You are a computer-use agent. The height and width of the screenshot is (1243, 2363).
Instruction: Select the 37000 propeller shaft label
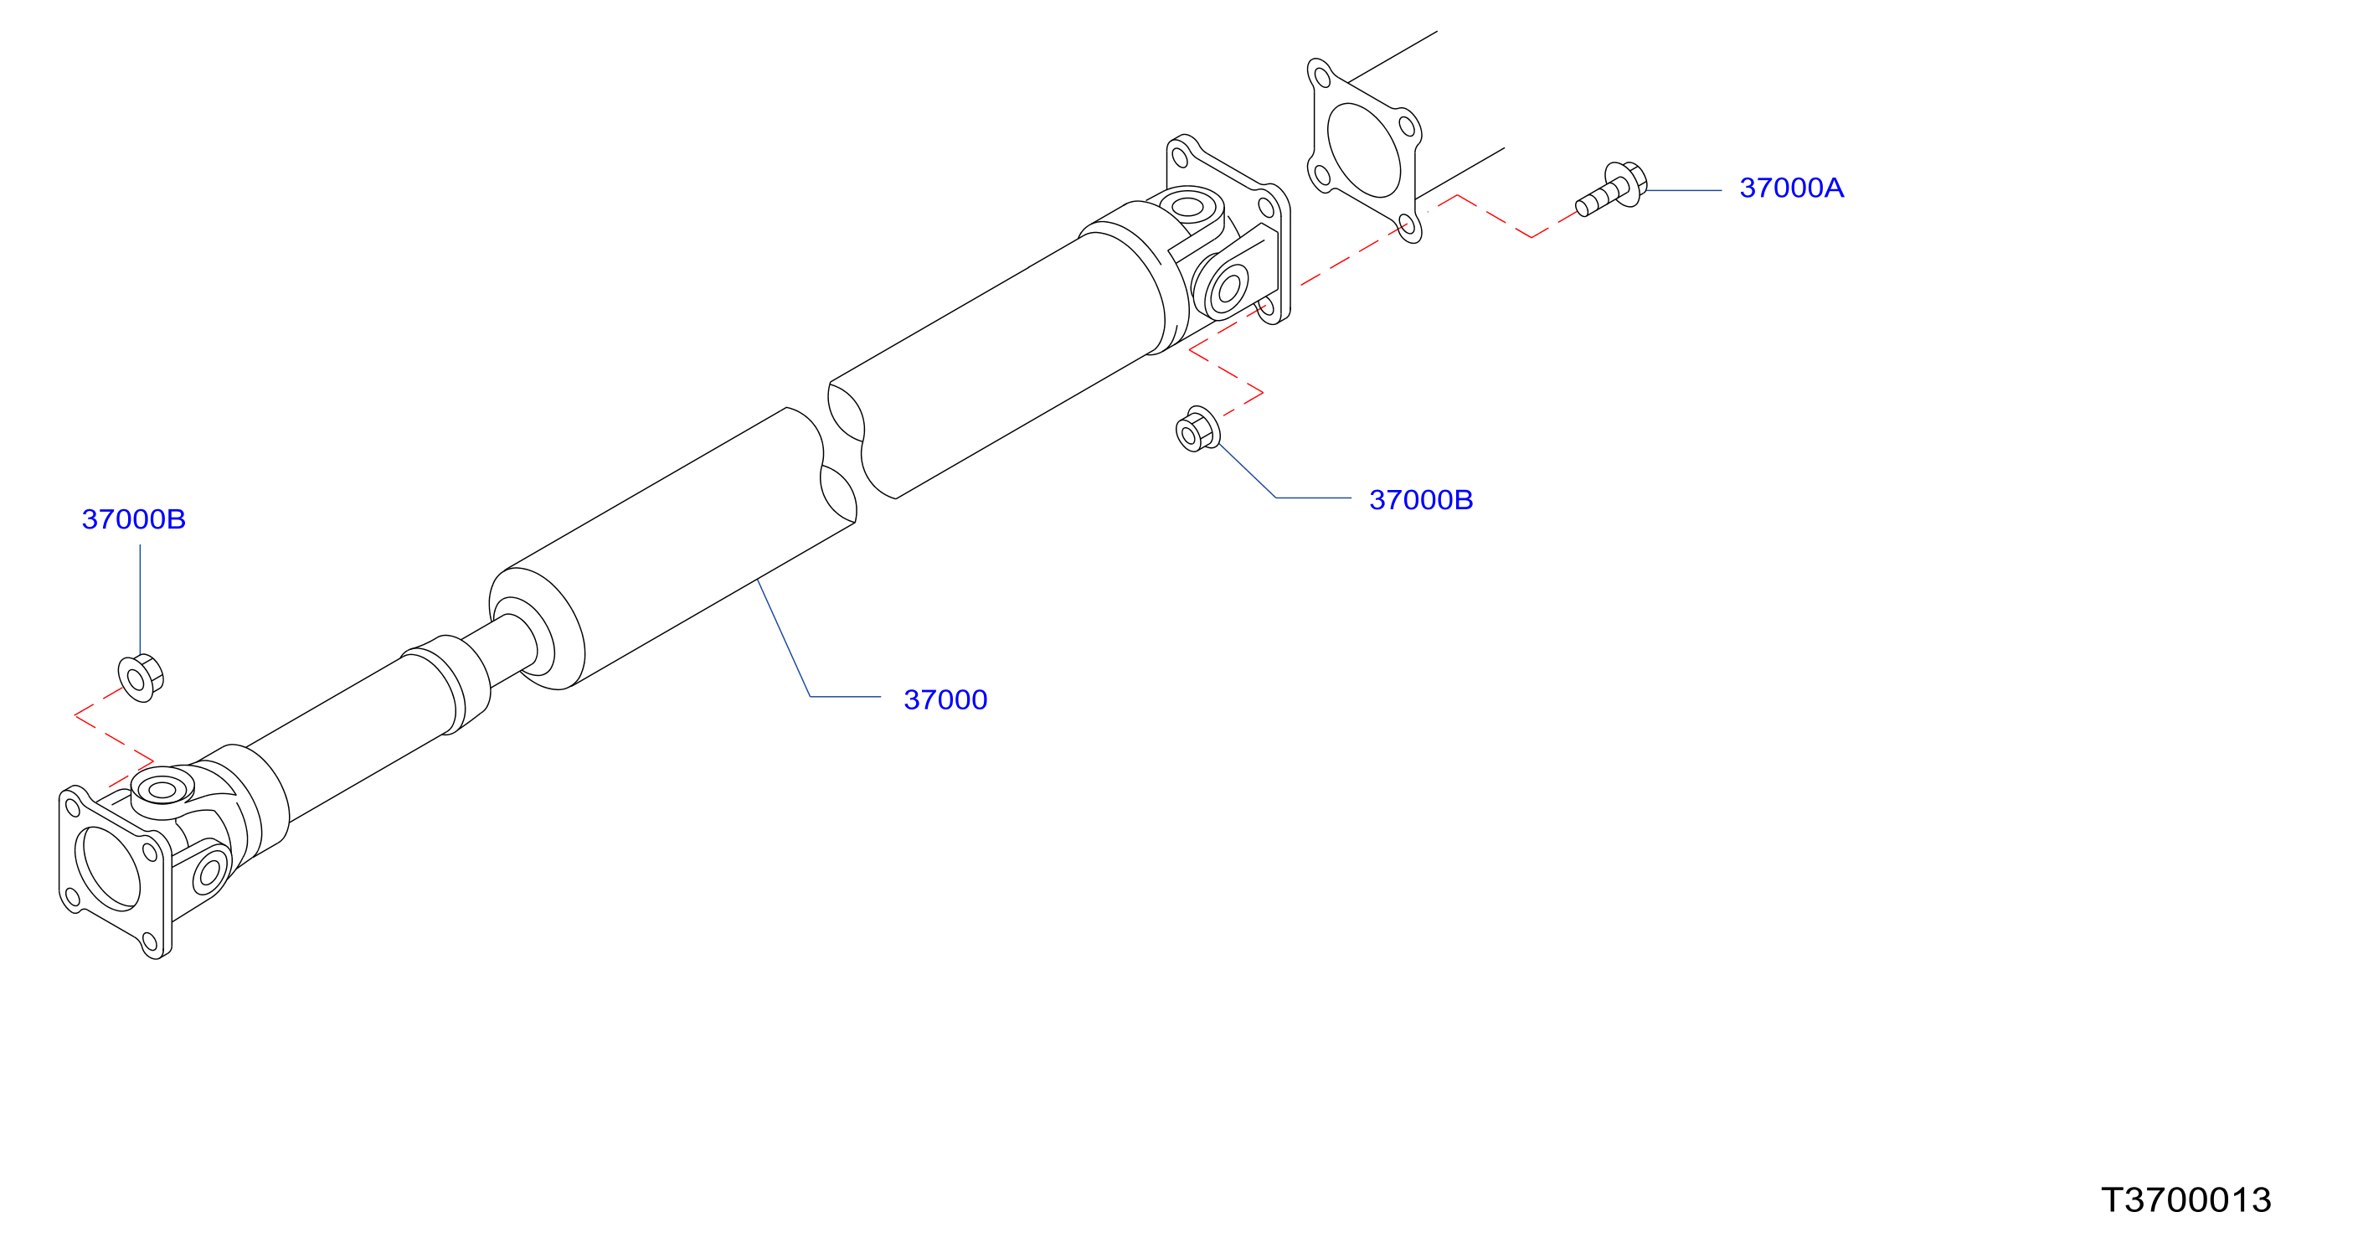tap(945, 700)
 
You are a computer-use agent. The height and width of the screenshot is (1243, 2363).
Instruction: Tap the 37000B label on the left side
tap(134, 519)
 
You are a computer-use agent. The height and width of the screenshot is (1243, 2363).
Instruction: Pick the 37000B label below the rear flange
tap(1421, 500)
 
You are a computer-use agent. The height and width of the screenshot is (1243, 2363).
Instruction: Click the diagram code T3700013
tap(2186, 1200)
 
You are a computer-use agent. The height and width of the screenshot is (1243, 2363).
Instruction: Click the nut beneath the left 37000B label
tap(141, 678)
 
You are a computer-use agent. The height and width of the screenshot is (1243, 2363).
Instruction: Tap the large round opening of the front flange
tap(107, 868)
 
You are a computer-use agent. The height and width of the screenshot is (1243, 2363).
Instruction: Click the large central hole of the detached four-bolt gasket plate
tap(1363, 150)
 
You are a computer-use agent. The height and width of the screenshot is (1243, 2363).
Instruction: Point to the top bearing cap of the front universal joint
tap(162, 789)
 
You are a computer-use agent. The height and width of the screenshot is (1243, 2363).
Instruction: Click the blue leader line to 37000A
tap(1684, 191)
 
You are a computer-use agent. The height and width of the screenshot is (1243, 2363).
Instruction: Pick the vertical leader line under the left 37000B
tap(141, 600)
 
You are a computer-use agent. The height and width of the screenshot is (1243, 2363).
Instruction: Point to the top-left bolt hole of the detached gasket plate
tap(1322, 76)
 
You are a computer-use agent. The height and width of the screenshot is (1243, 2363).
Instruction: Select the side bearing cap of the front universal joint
tap(209, 871)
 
